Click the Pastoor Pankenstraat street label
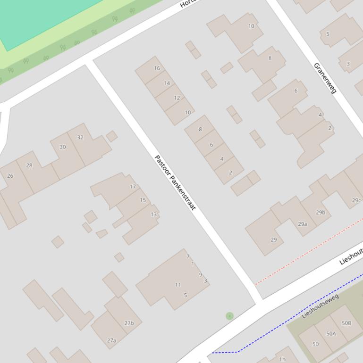click(x=175, y=182)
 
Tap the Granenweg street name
click(x=325, y=78)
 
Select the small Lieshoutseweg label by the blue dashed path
click(x=321, y=306)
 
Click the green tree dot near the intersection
click(x=229, y=316)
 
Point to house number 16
click(x=157, y=68)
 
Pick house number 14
click(x=167, y=83)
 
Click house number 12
click(x=177, y=98)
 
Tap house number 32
click(x=80, y=137)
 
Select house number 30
click(x=63, y=147)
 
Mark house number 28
click(x=29, y=165)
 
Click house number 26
click(x=10, y=175)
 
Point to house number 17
click(x=133, y=186)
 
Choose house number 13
click(x=153, y=214)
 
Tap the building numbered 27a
click(x=111, y=340)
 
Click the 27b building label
click(x=129, y=323)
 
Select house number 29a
click(x=302, y=224)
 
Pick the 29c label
click(x=356, y=200)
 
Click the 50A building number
click(x=331, y=333)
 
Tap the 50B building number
click(x=346, y=323)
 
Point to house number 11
click(x=178, y=284)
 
